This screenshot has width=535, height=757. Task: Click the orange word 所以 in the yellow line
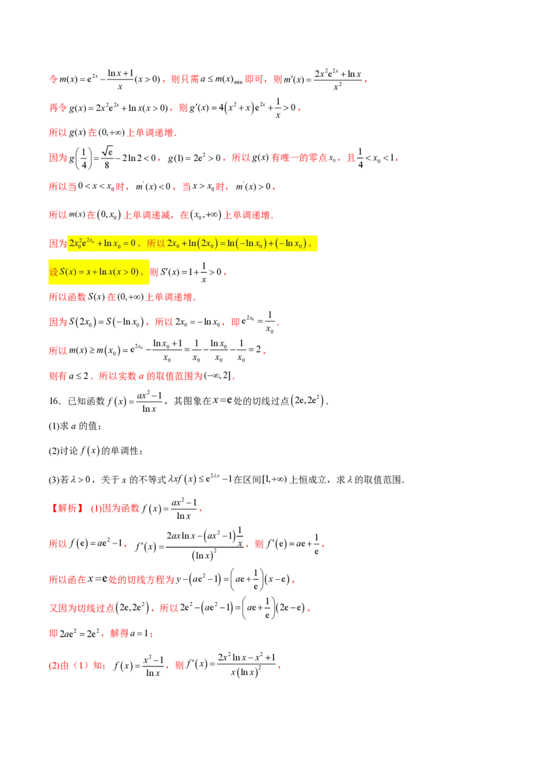tap(156, 244)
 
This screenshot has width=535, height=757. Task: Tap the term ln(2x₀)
tap(201, 244)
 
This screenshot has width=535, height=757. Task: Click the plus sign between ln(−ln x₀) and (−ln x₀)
tap(271, 244)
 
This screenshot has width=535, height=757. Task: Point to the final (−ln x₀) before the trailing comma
tap(292, 244)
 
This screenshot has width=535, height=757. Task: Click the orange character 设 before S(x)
tap(54, 272)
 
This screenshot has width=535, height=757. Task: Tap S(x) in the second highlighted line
tap(68, 272)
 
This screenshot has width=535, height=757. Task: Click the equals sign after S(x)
tap(80, 272)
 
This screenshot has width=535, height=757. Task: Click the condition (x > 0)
tap(126, 272)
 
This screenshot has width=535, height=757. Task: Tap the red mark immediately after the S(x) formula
tap(154, 272)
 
